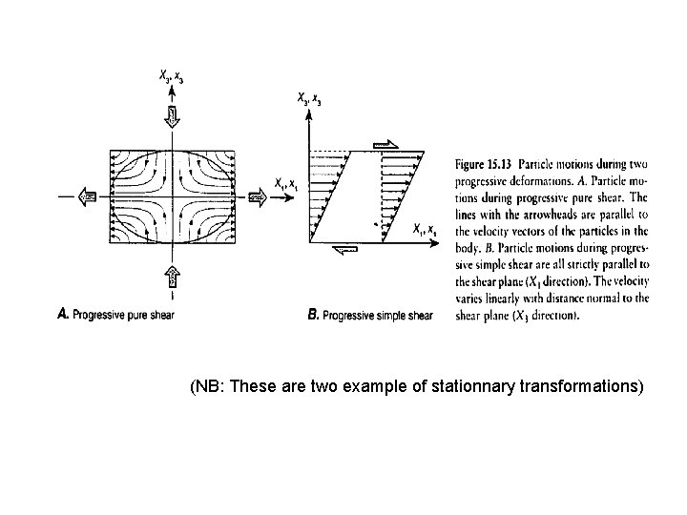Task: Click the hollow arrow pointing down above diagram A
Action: [173, 117]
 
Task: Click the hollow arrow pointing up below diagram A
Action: [173, 276]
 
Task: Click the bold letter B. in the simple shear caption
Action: [314, 315]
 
